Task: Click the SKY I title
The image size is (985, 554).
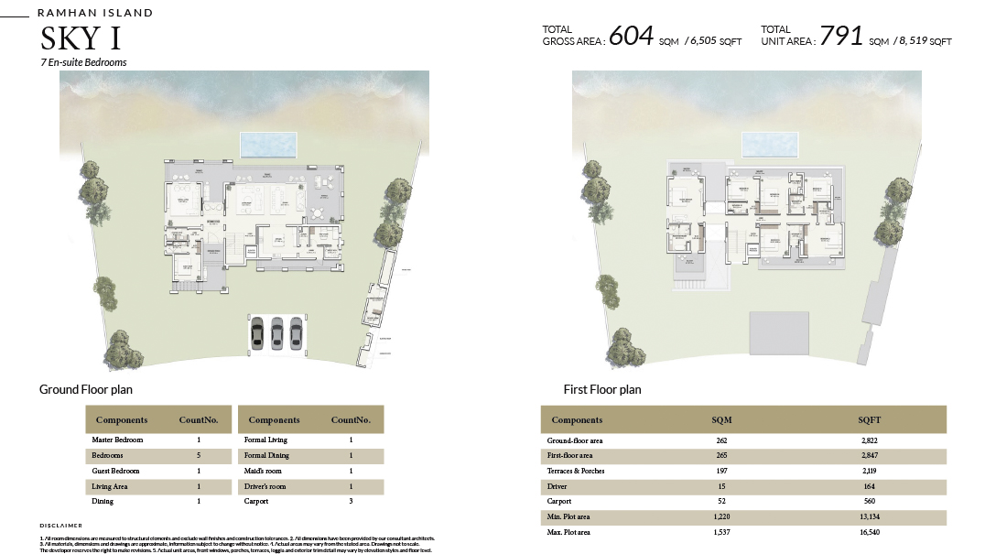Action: click(x=81, y=39)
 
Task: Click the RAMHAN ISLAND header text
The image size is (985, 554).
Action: click(x=95, y=14)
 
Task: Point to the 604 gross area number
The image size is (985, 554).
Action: click(x=631, y=36)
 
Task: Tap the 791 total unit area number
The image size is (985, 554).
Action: click(x=841, y=36)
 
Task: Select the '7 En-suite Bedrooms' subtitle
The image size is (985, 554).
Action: click(x=83, y=62)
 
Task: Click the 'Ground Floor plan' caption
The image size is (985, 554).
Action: click(x=86, y=389)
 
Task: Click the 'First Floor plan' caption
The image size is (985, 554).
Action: click(x=602, y=389)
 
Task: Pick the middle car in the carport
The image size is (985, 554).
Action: click(x=276, y=333)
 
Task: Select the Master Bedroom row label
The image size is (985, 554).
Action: click(x=117, y=440)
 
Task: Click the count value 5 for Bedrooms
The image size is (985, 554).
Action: click(x=199, y=455)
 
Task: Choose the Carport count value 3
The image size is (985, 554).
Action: click(x=351, y=502)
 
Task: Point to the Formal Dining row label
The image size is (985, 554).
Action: click(x=266, y=455)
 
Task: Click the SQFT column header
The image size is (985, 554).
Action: click(x=870, y=420)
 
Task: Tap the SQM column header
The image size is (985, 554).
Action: click(x=721, y=420)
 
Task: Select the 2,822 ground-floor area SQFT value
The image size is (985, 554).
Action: click(x=870, y=440)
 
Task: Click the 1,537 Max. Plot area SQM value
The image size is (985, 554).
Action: click(x=721, y=531)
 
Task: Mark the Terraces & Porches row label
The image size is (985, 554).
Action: click(x=576, y=471)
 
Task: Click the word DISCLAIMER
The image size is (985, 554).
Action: click(x=61, y=525)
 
